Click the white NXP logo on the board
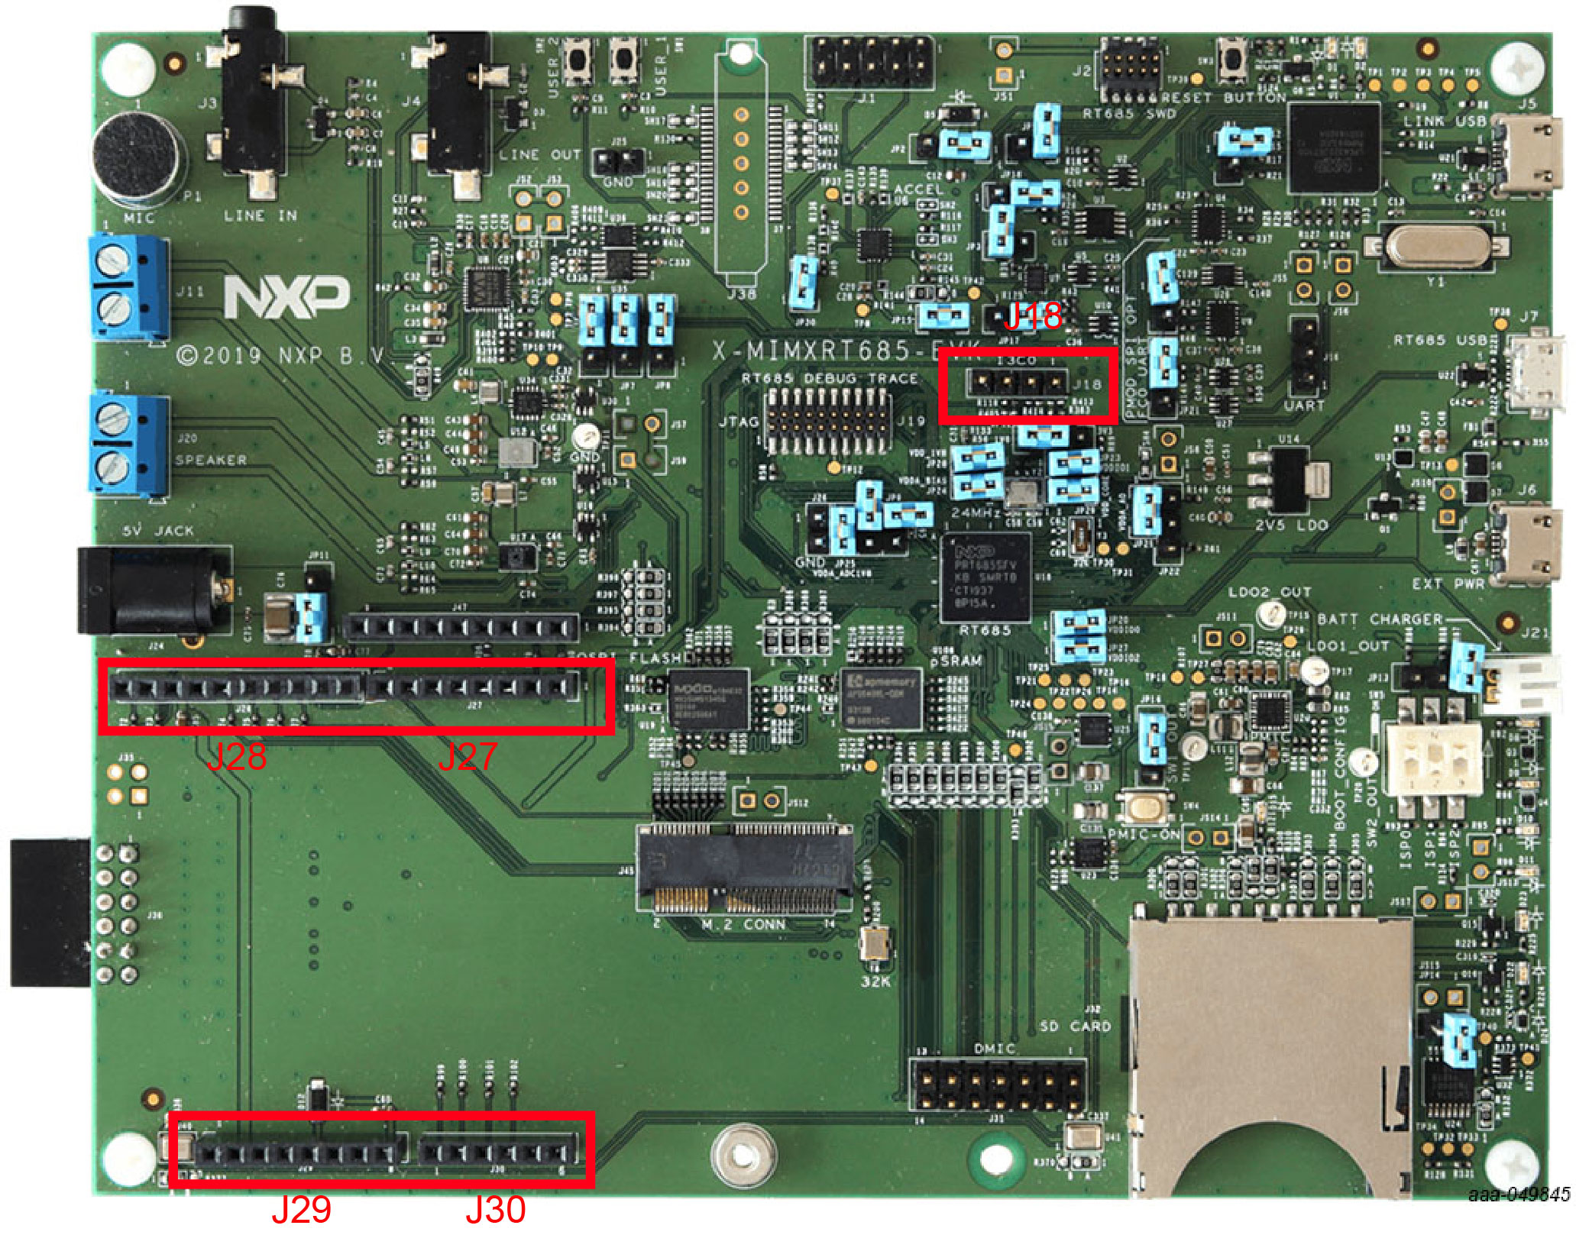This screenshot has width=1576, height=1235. point(286,296)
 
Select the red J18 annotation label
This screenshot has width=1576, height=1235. point(1033,315)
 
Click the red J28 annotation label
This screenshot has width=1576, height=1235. point(237,756)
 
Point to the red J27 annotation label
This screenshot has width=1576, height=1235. point(467,756)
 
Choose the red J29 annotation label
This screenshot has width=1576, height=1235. point(301,1209)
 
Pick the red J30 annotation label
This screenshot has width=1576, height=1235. point(496,1209)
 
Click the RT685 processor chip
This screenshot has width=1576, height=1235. point(985,577)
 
